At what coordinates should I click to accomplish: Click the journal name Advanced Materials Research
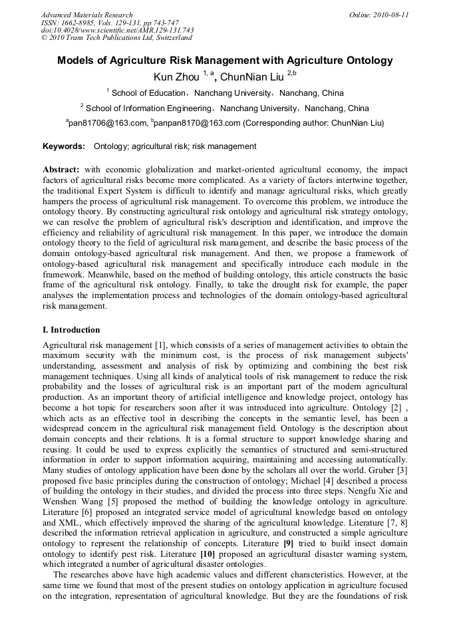pyautogui.click(x=86, y=15)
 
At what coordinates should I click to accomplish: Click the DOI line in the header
pyautogui.click(x=117, y=31)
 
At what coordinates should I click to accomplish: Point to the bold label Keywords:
pyautogui.click(x=64, y=146)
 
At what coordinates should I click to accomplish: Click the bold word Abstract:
pyautogui.click(x=61, y=170)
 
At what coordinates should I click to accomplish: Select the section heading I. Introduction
pyautogui.click(x=71, y=330)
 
